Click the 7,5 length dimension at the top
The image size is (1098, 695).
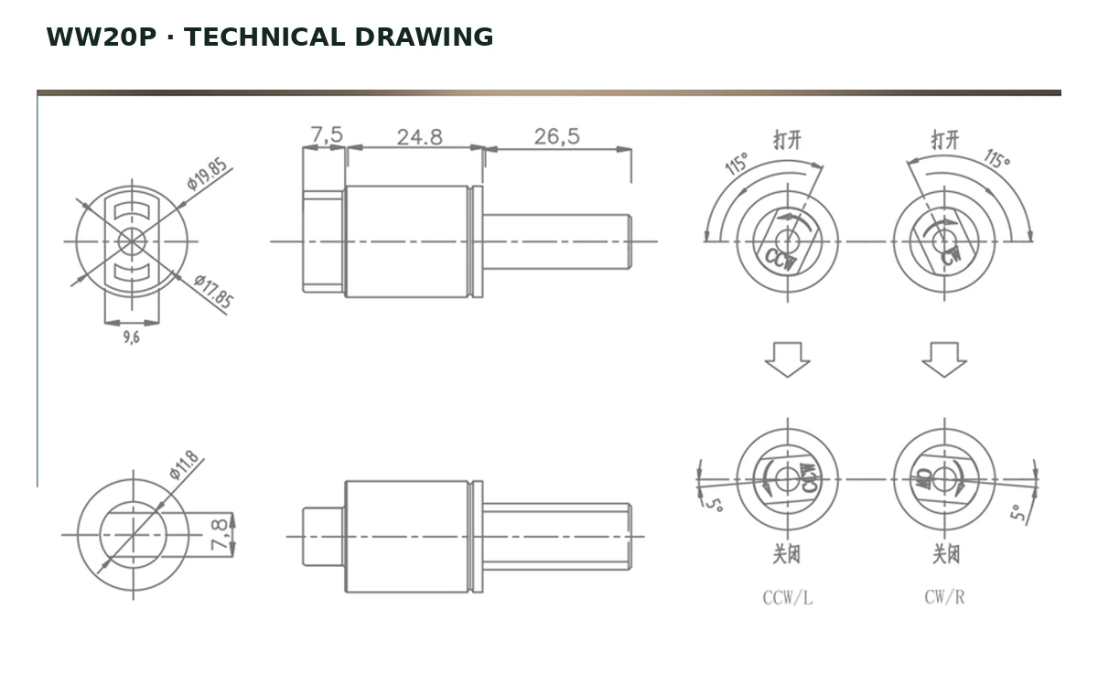pyautogui.click(x=327, y=134)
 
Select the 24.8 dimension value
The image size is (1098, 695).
pyautogui.click(x=420, y=137)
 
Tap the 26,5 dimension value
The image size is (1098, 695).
pyautogui.click(x=557, y=136)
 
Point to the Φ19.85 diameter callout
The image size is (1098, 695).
pyautogui.click(x=207, y=174)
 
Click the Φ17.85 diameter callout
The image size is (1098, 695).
pyautogui.click(x=214, y=291)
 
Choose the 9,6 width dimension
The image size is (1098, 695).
pyautogui.click(x=132, y=337)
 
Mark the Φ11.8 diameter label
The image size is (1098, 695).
pyautogui.click(x=184, y=465)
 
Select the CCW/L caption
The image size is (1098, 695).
pyautogui.click(x=787, y=597)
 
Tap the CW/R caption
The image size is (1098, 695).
pyautogui.click(x=944, y=597)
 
